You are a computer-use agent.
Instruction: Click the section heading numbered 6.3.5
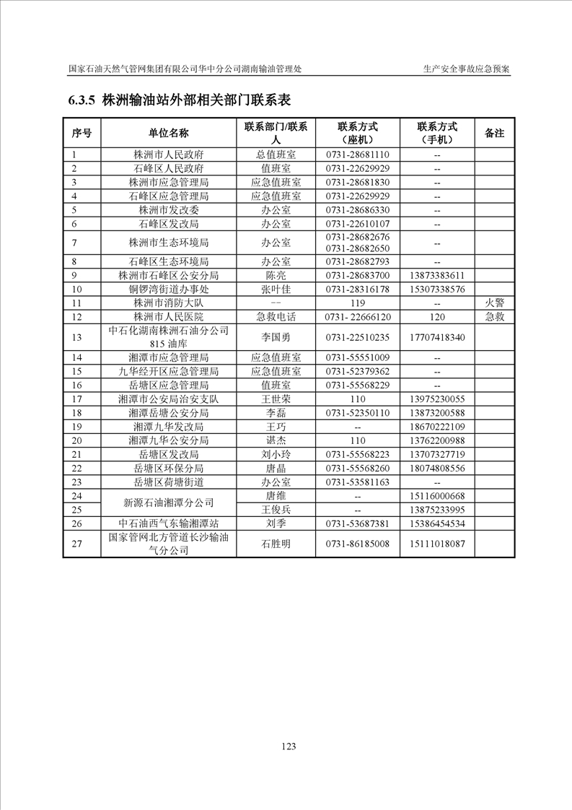pos(179,100)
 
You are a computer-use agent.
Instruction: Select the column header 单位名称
pos(169,133)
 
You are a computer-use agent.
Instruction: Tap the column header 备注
pos(494,133)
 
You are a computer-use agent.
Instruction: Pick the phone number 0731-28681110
pos(357,154)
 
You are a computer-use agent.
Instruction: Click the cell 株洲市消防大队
pos(169,302)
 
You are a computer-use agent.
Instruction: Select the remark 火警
pos(494,302)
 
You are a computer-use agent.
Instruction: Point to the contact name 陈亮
pos(276,275)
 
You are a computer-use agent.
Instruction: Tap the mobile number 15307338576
pos(436,289)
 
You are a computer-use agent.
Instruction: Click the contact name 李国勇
pos(276,337)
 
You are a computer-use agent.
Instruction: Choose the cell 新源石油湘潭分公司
pos(169,503)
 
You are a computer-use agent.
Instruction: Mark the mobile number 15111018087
pos(436,544)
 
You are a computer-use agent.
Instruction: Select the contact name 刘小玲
pos(276,454)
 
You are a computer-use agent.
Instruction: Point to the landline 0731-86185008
pos(357,544)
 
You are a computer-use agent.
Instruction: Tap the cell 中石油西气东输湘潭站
pos(169,524)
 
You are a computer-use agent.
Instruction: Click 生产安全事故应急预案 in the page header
pos(467,69)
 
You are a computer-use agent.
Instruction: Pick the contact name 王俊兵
pos(276,510)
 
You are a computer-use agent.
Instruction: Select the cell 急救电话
pos(276,317)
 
